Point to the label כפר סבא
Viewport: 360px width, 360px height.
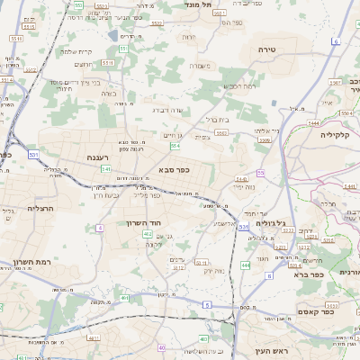(x=172, y=168)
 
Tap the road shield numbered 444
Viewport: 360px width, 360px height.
(x=245, y=265)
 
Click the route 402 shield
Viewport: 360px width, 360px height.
(x=147, y=234)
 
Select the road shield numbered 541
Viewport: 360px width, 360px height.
(x=106, y=168)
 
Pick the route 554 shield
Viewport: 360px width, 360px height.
(x=175, y=145)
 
